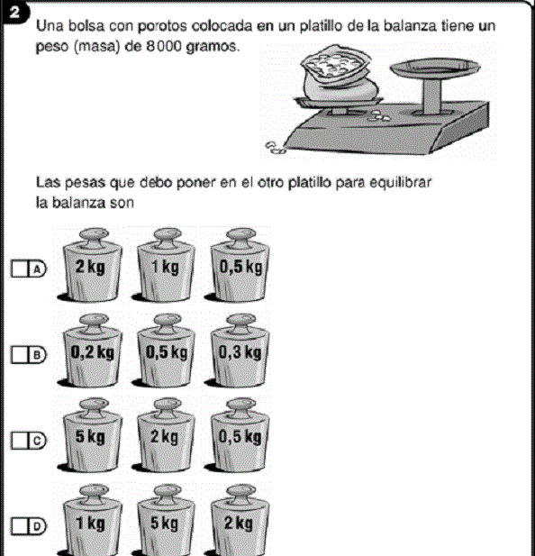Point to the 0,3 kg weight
point(240,353)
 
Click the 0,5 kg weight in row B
point(165,353)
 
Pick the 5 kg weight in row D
point(165,524)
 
